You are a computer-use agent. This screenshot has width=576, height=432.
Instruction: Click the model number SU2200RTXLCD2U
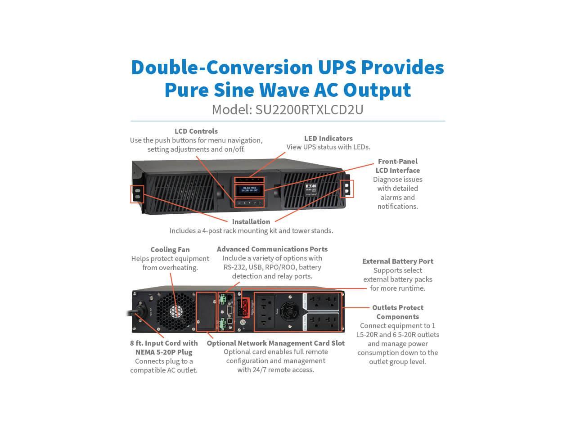click(x=309, y=109)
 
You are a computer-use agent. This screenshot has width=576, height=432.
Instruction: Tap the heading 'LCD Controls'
click(x=196, y=131)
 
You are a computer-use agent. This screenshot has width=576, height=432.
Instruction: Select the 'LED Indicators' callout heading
click(x=328, y=138)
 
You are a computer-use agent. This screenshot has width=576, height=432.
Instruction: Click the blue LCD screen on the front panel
click(x=247, y=189)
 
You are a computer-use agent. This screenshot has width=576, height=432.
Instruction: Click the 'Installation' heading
click(x=251, y=221)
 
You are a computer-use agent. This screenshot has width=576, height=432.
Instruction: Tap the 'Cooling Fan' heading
click(x=170, y=249)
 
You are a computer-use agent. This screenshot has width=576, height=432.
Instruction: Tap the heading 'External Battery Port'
click(x=398, y=261)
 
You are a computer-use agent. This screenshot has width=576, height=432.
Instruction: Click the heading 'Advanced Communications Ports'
click(x=272, y=249)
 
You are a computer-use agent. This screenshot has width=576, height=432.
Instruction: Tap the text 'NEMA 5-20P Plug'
click(x=164, y=352)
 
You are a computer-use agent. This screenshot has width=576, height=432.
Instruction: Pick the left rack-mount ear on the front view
click(x=137, y=194)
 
